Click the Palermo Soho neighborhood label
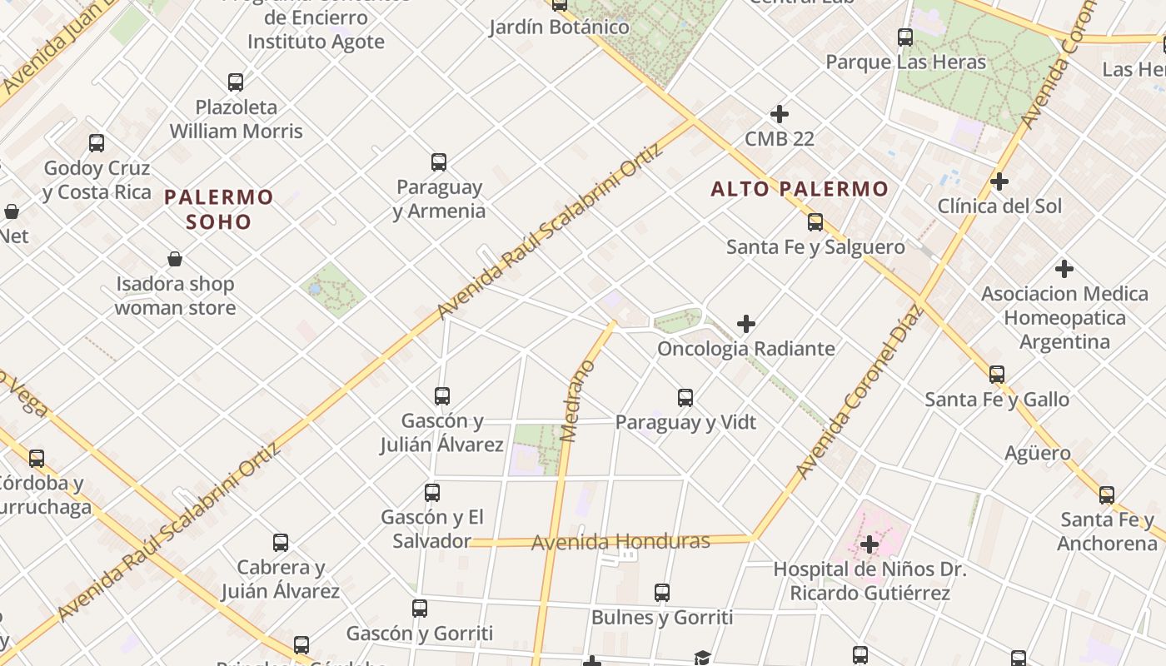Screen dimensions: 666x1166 tap(218, 209)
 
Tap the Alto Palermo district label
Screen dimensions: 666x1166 tap(800, 189)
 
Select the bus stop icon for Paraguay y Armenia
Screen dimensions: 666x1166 tap(439, 162)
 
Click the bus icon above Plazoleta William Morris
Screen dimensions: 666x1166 tap(236, 82)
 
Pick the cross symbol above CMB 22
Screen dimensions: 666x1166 tap(780, 113)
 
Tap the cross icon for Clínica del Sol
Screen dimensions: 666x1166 tap(999, 181)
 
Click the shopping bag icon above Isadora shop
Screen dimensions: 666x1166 tap(175, 259)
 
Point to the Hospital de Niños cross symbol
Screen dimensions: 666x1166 tap(870, 544)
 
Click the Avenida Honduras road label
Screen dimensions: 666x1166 tap(620, 542)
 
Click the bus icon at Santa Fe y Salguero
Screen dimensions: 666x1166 tap(815, 222)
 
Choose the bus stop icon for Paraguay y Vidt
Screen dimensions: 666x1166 tap(685, 397)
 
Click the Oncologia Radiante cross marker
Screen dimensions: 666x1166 tap(746, 323)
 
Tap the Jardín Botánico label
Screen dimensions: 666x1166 tap(559, 27)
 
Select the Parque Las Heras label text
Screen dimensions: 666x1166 tap(905, 62)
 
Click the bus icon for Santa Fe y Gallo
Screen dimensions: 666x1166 tap(997, 374)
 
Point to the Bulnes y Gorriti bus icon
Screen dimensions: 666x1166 tap(662, 593)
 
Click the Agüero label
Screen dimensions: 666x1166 tap(1037, 454)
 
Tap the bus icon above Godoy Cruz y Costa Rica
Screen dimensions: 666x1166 tap(97, 142)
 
